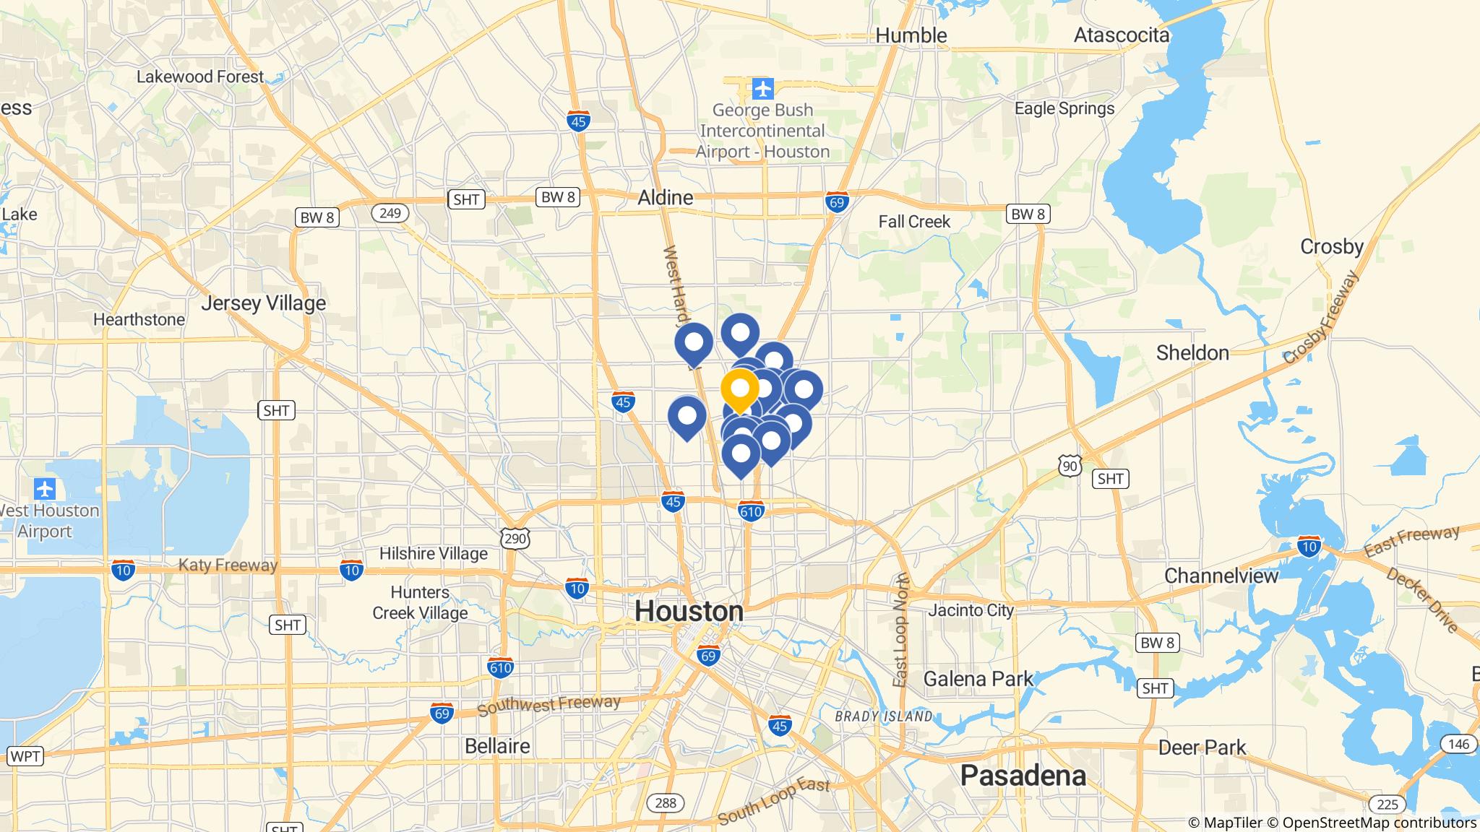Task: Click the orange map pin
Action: [x=740, y=389]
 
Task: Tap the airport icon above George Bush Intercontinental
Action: [x=762, y=89]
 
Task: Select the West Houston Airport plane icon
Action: [x=45, y=489]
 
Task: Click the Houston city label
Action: [x=689, y=611]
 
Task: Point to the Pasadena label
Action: [x=1023, y=775]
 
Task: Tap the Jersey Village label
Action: [x=263, y=303]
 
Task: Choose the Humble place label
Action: [x=911, y=35]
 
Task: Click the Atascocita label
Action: [x=1121, y=35]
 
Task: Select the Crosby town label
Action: [x=1331, y=246]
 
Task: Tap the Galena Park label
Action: [x=978, y=679]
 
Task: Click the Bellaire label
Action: [x=496, y=745]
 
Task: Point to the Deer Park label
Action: [x=1202, y=747]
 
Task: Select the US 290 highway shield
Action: [x=515, y=538]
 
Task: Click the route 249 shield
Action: [x=390, y=213]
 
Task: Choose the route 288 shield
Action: [x=665, y=803]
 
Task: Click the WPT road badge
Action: [x=25, y=757]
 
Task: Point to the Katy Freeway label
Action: [x=228, y=565]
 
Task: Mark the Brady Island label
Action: [x=883, y=716]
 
